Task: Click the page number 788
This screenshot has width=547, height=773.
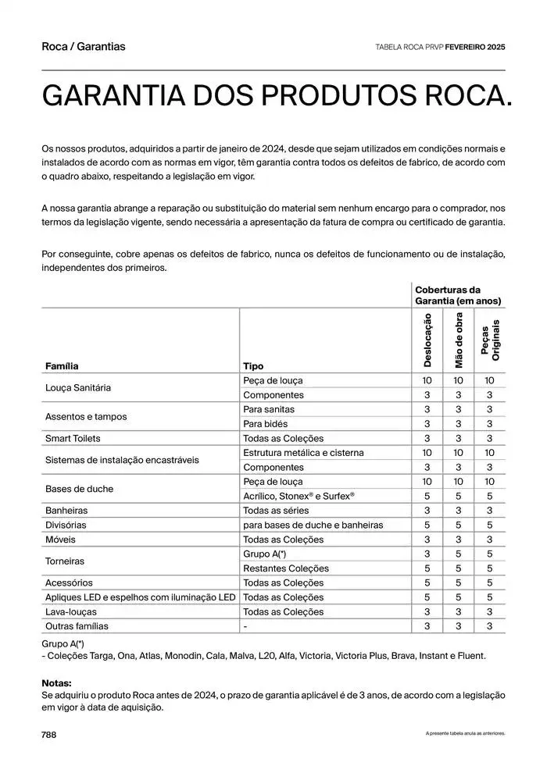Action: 48,735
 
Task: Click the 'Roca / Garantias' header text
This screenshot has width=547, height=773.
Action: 83,46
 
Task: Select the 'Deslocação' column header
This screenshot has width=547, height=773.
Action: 427,340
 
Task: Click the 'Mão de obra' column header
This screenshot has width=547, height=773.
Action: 459,340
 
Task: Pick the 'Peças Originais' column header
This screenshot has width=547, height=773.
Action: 490,340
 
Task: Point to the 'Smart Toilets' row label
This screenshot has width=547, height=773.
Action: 73,438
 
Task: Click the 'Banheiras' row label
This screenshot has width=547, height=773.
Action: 66,511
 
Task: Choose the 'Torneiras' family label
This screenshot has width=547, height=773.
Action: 65,561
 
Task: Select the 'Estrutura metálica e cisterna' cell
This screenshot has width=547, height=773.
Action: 303,453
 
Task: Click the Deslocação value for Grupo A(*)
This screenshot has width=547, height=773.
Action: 427,554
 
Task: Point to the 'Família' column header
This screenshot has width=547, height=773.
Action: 62,365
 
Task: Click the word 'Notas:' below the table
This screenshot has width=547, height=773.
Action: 57,682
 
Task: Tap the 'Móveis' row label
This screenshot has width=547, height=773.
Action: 60,540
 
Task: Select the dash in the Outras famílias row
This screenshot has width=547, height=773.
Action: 245,626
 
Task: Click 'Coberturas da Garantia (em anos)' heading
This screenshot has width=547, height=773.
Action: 458,295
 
